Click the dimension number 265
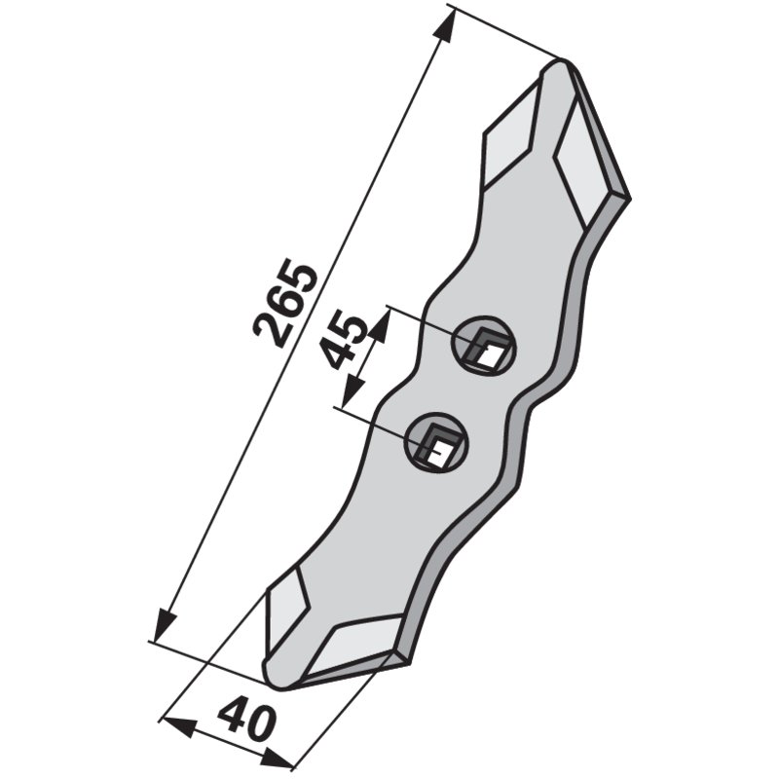coord(284,304)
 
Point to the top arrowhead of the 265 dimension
coord(445,26)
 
